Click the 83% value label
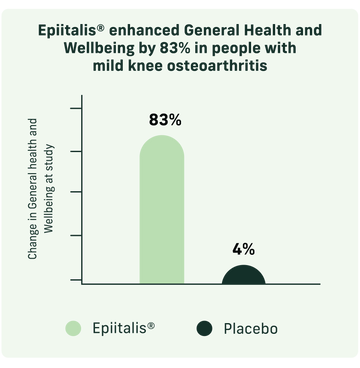tap(164, 120)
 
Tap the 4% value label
tap(244, 249)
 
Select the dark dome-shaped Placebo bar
tap(244, 274)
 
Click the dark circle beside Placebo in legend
tap(206, 327)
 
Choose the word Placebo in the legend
tap(250, 327)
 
